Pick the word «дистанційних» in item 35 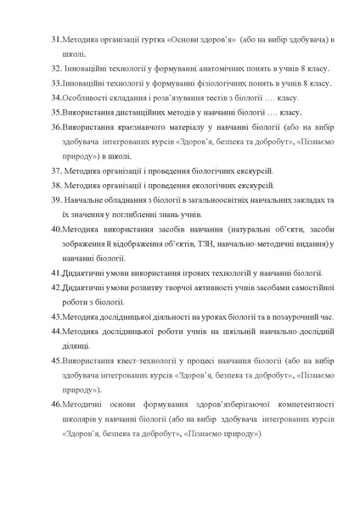(139, 112)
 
